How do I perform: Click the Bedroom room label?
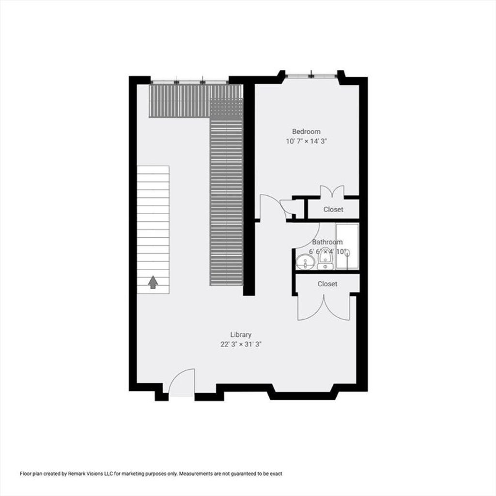click(x=306, y=132)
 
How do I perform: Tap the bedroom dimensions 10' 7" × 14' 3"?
click(x=306, y=141)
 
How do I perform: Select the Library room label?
click(x=241, y=335)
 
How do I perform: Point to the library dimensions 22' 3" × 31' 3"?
click(x=241, y=344)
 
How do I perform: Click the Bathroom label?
click(x=327, y=242)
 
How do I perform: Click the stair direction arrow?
click(x=153, y=282)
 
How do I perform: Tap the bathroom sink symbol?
click(x=305, y=262)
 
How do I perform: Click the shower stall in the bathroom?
click(x=347, y=247)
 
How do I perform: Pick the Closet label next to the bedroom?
click(x=333, y=209)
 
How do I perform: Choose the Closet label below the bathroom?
click(x=327, y=284)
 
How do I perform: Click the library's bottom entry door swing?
click(x=182, y=382)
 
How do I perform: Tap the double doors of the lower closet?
click(x=324, y=307)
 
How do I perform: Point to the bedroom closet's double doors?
click(x=332, y=192)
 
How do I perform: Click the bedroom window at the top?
click(x=311, y=76)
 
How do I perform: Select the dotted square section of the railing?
click(x=226, y=108)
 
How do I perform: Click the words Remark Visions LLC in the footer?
click(x=86, y=474)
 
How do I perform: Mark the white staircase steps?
click(x=153, y=230)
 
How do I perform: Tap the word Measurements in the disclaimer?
click(x=196, y=474)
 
